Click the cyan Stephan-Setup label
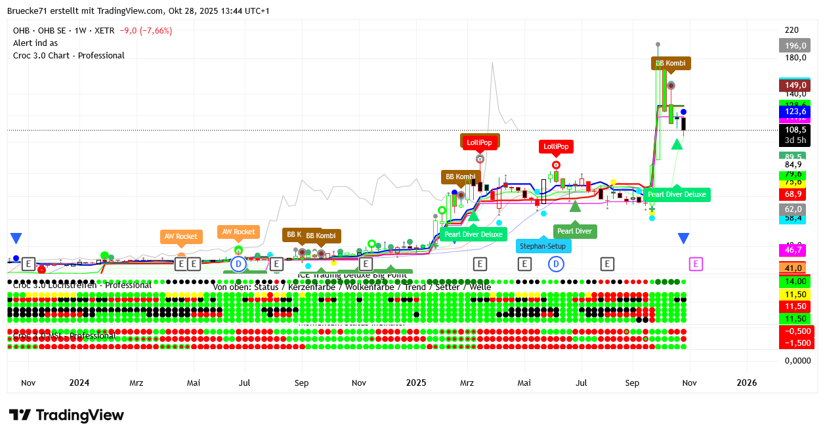[x=543, y=246]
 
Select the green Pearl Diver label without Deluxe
[x=574, y=231]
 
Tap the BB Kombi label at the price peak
[x=671, y=64]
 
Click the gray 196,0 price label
[x=795, y=45]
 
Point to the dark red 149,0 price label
[x=795, y=85]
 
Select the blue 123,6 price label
[x=795, y=112]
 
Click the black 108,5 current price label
[x=795, y=130]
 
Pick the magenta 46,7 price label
[x=795, y=250]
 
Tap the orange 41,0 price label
[x=795, y=268]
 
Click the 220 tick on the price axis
[x=792, y=30]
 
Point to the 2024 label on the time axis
[x=79, y=383]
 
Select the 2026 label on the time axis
[x=746, y=383]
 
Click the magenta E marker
[x=696, y=264]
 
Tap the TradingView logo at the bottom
[x=66, y=415]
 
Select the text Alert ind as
[x=35, y=43]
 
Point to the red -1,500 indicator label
[x=795, y=343]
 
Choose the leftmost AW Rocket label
[x=181, y=236]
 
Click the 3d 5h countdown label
[x=795, y=140]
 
